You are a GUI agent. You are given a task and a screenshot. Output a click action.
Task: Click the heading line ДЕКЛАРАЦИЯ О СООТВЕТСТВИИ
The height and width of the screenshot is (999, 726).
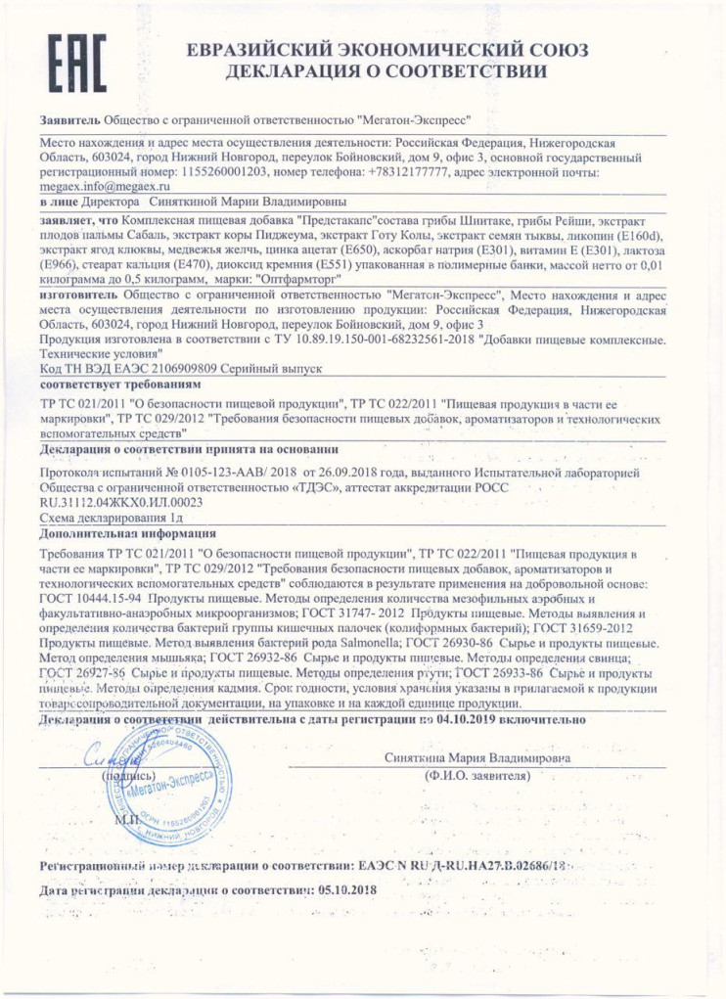click(x=386, y=72)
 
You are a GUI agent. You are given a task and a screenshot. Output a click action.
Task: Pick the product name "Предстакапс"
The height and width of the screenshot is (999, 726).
click(x=337, y=222)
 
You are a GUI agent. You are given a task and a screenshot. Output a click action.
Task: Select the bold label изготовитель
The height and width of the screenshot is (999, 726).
click(x=72, y=293)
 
